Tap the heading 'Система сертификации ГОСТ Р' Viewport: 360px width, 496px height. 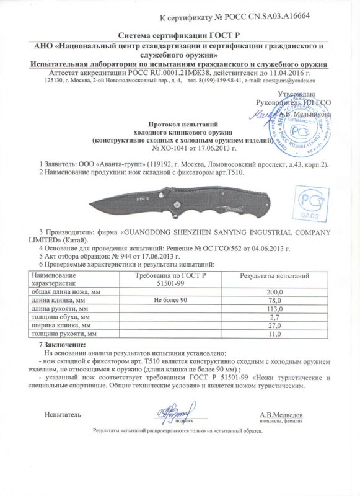pos(180,35)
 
